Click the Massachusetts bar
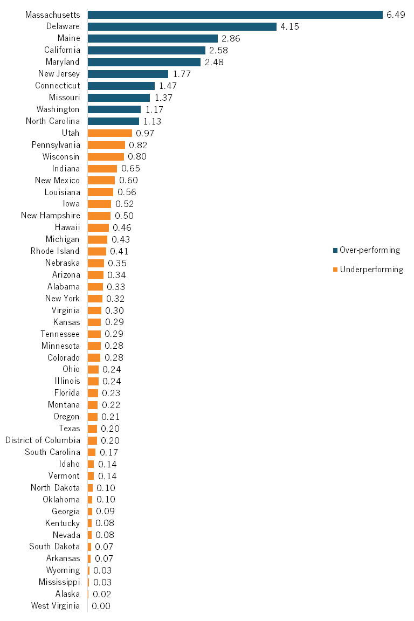pyautogui.click(x=235, y=15)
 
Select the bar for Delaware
pyautogui.click(x=182, y=26)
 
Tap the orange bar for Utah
pyautogui.click(x=110, y=133)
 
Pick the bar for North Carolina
pyautogui.click(x=113, y=121)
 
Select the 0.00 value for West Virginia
pyautogui.click(x=101, y=606)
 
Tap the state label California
pyautogui.click(x=62, y=50)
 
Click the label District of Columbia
pyautogui.click(x=43, y=440)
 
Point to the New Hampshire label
pyautogui.click(x=51, y=216)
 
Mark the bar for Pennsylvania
pyautogui.click(x=106, y=145)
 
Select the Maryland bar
pyautogui.click(x=144, y=62)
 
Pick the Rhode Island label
pyautogui.click(x=55, y=251)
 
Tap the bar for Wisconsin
pyautogui.click(x=106, y=157)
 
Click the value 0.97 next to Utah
pyautogui.click(x=145, y=133)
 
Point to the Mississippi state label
pyautogui.click(x=59, y=582)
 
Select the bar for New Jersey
pyautogui.click(x=128, y=74)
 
